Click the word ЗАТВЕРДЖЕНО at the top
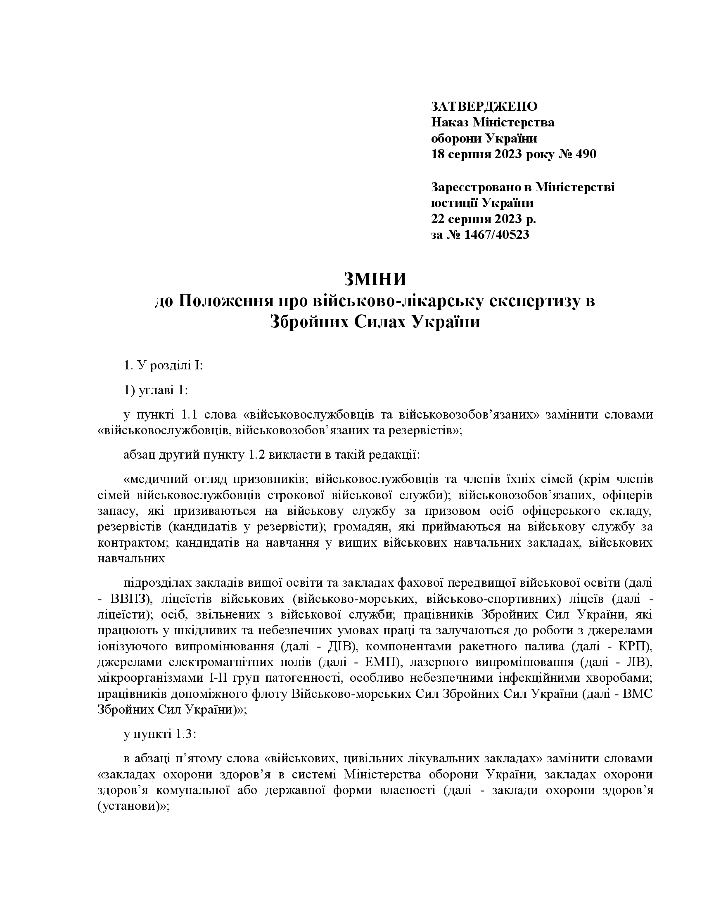click(484, 107)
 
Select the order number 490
click(586, 155)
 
